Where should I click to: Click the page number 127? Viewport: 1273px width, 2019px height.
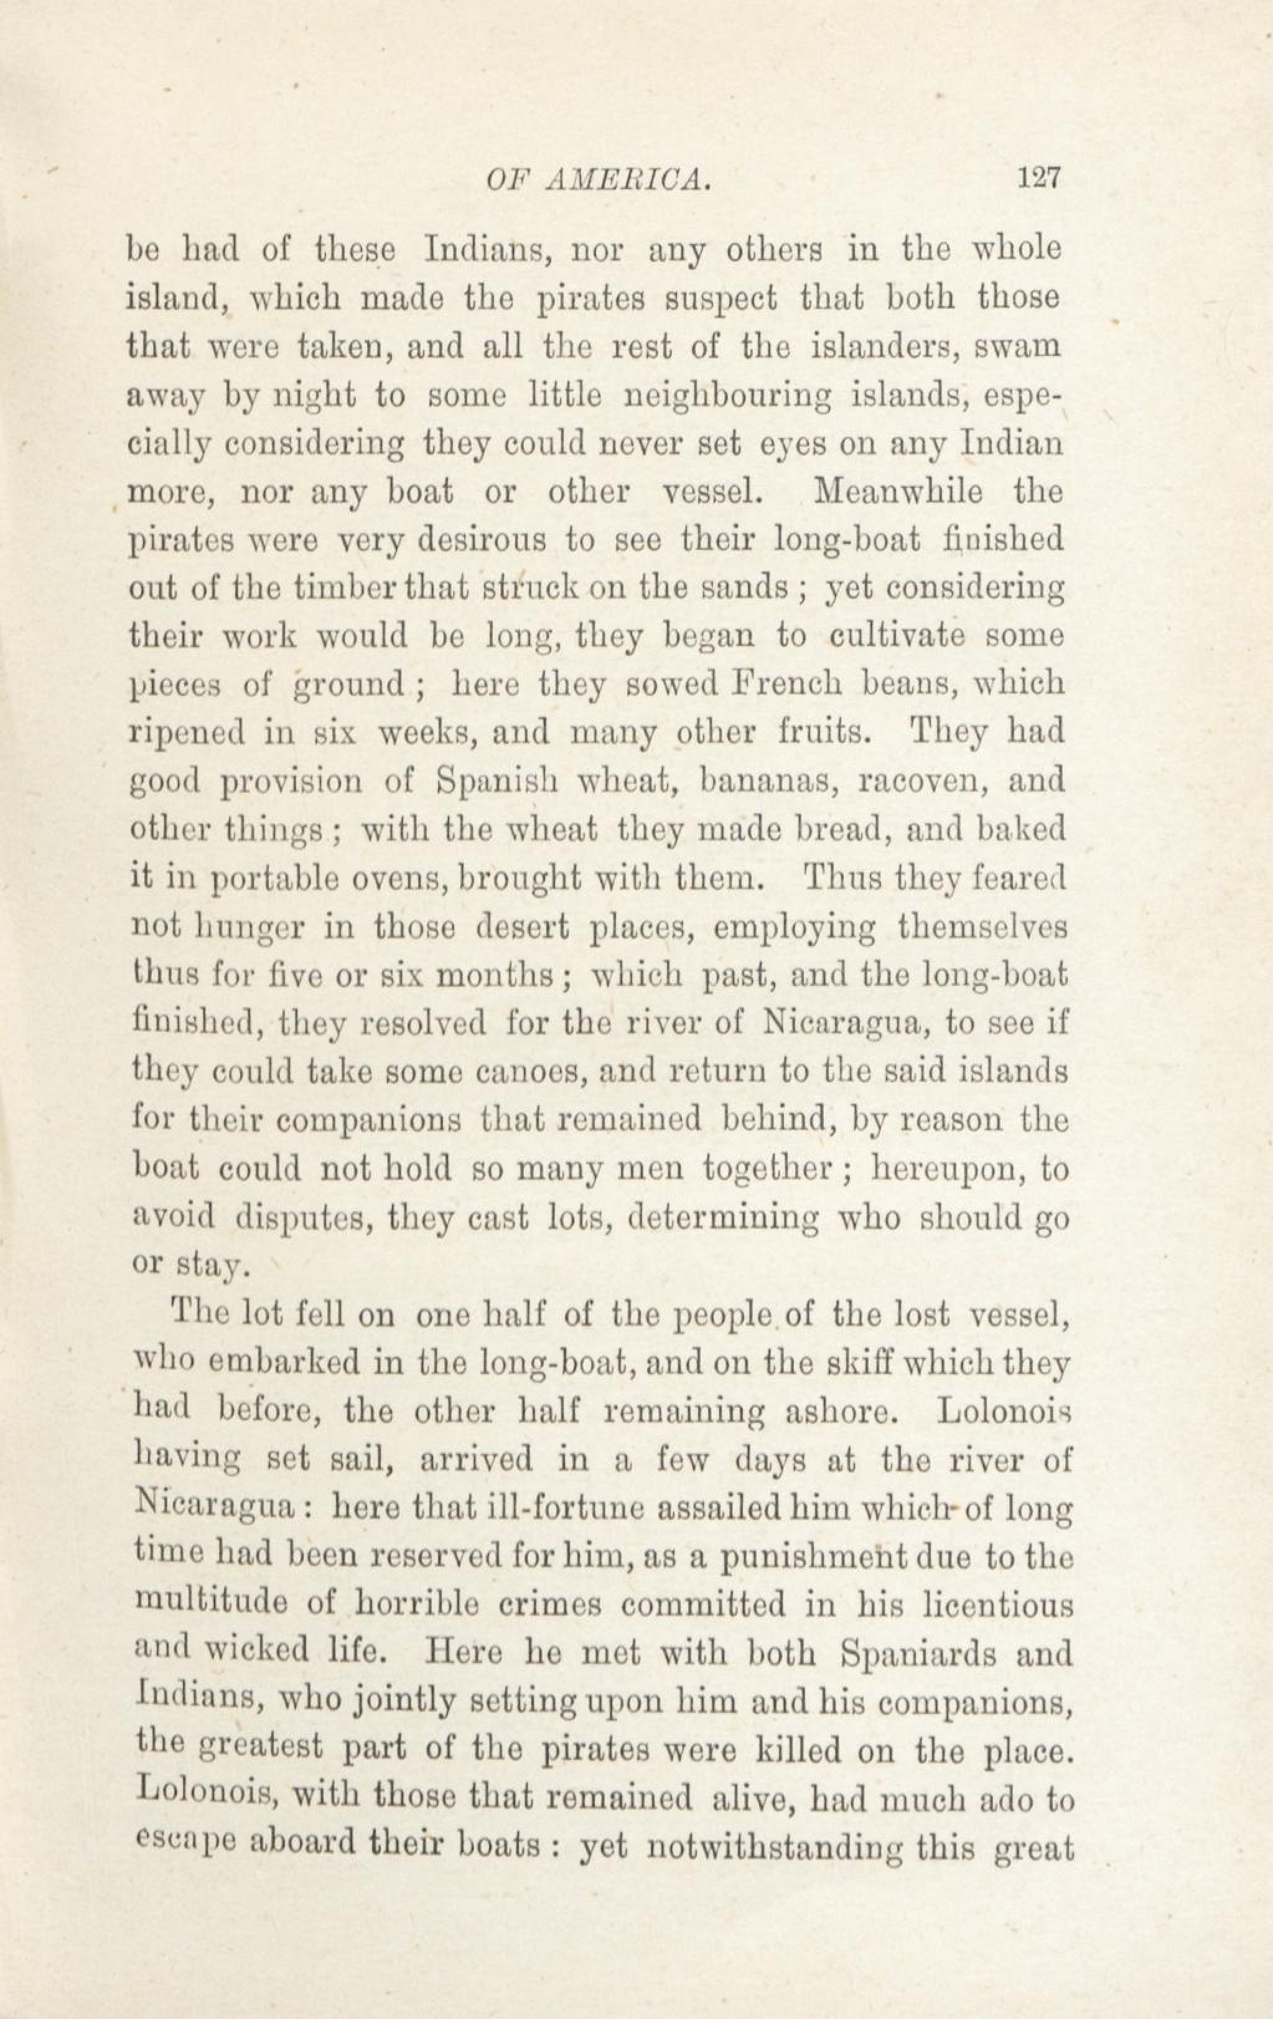coord(1039,178)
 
